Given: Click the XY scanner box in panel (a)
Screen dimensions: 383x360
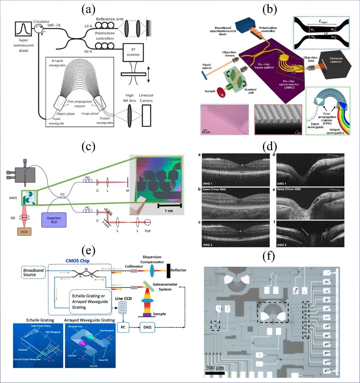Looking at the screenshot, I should pos(133,52).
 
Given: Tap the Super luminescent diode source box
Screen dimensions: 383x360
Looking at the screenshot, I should pos(24,29).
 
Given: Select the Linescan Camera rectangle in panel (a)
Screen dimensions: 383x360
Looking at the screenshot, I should pos(146,116).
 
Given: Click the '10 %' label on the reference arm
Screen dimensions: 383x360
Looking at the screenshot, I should pos(88,26).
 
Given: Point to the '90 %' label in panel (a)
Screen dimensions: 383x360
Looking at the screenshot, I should pos(88,52).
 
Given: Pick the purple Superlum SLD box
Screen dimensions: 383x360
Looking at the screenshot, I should pos(54,220).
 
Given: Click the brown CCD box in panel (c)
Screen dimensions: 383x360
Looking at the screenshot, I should pos(24,231).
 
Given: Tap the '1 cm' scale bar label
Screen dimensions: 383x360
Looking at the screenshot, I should pos(169,211).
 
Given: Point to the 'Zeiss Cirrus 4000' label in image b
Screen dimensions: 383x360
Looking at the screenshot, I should pos(214,190).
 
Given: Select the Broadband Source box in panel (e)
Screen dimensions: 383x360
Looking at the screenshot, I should pos(34,272).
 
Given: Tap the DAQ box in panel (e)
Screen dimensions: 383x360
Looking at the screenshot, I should pos(147,327).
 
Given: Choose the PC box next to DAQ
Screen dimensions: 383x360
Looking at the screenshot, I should pos(123,327).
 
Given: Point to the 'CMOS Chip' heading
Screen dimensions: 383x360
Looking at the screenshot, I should pos(77,261).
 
